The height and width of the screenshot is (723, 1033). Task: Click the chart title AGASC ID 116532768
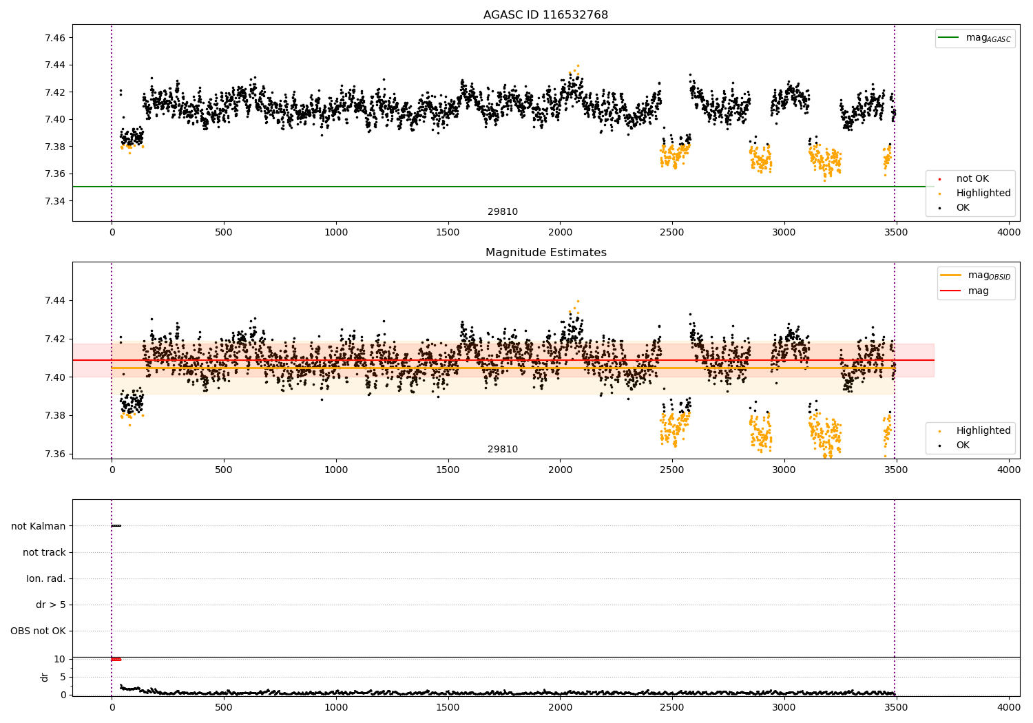click(x=545, y=15)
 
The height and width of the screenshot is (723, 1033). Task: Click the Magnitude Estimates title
click(x=545, y=253)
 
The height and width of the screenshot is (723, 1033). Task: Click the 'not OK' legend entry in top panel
click(x=972, y=179)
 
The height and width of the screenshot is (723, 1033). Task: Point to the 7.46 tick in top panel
click(x=55, y=38)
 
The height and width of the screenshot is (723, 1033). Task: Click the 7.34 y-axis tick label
click(x=55, y=201)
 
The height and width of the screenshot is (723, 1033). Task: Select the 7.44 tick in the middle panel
click(x=55, y=300)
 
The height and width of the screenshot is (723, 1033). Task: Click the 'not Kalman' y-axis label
click(x=39, y=526)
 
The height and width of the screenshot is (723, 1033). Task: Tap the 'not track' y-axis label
click(x=44, y=552)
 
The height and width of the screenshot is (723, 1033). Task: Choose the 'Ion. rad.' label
click(x=46, y=578)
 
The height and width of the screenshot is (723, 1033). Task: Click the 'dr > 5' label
click(x=51, y=605)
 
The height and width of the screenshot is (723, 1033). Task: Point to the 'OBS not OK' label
click(x=39, y=631)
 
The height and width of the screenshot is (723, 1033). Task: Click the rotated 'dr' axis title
click(x=45, y=677)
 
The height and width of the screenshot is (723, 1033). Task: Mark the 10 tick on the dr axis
click(x=59, y=659)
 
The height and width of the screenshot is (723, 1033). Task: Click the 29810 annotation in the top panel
click(x=503, y=212)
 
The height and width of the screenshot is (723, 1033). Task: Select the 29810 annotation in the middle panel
click(x=503, y=450)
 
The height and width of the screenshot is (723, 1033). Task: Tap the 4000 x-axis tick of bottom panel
click(x=1009, y=706)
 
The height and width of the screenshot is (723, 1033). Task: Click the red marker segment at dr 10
click(x=116, y=659)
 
